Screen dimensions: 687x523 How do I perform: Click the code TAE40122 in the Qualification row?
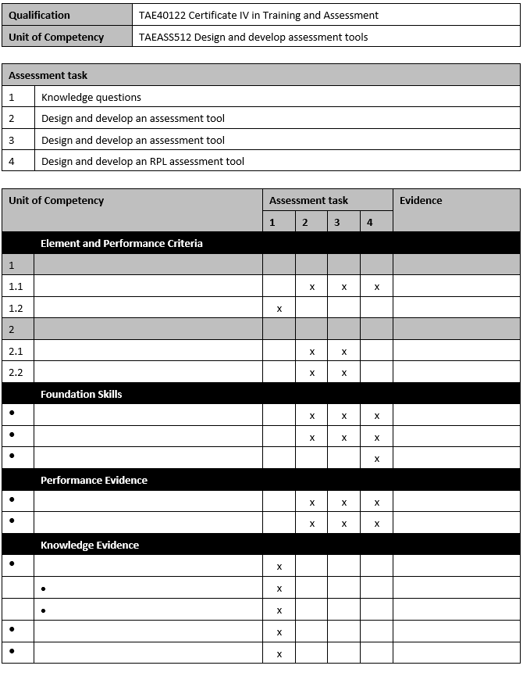click(162, 15)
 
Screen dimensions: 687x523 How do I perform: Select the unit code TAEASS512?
click(165, 37)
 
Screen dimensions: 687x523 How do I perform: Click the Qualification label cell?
click(39, 15)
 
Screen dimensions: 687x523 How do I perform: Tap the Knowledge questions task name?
click(91, 97)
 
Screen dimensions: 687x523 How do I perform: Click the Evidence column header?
click(421, 201)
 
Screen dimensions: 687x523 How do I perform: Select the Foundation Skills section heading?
click(81, 394)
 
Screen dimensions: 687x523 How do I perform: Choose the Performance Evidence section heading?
click(94, 480)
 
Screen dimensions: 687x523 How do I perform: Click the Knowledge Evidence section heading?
click(90, 545)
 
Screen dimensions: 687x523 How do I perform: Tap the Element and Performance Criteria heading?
click(121, 243)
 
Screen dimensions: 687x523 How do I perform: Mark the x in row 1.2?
click(279, 309)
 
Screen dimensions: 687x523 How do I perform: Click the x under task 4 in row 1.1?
click(376, 287)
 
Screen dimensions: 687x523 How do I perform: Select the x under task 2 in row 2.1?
click(311, 352)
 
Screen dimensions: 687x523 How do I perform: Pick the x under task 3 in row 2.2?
click(343, 373)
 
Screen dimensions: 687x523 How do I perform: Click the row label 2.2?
click(16, 372)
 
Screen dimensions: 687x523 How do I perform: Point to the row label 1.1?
click(16, 286)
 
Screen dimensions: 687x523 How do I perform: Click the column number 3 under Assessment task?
click(337, 222)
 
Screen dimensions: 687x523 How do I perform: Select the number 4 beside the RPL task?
click(12, 161)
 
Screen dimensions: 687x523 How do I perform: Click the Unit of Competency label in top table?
click(55, 37)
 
